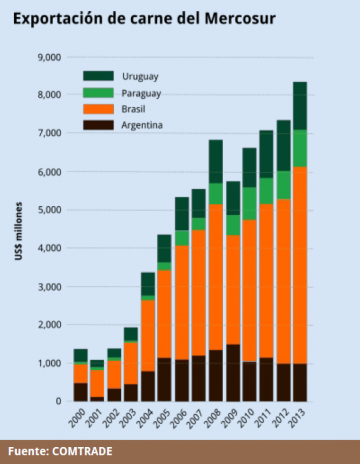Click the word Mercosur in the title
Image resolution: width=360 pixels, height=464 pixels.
[x=240, y=19]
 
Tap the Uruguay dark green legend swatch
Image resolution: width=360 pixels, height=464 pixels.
[x=98, y=76]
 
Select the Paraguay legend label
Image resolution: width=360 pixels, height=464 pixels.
[x=141, y=93]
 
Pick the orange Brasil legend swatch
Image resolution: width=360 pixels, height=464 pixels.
[x=98, y=109]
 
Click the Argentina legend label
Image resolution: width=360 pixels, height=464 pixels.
[x=142, y=125]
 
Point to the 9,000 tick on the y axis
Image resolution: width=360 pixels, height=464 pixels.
[x=51, y=57]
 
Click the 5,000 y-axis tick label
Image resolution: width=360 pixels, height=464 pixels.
[x=51, y=210]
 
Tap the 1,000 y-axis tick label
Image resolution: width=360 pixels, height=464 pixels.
[x=51, y=363]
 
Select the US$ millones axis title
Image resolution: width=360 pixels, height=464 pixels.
[x=19, y=231]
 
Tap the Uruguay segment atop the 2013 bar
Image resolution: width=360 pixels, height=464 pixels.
[x=300, y=106]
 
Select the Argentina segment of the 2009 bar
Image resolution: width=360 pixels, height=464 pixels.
[x=233, y=373]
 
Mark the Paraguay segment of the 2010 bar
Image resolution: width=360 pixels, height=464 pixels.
[x=250, y=203]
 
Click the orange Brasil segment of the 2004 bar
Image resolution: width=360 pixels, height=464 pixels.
[x=148, y=335]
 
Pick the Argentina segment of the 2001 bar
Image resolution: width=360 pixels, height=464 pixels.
[x=97, y=399]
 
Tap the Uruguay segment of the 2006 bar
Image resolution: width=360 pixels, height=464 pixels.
[x=182, y=214]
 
